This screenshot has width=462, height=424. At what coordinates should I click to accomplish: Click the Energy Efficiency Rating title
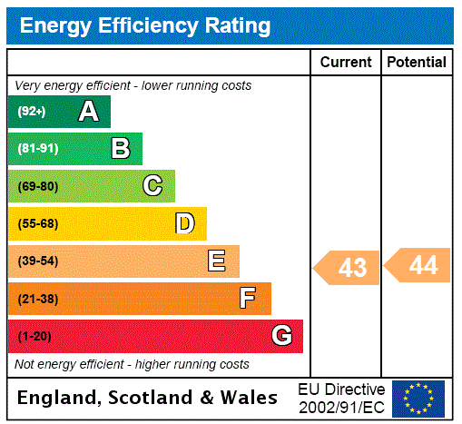click(145, 25)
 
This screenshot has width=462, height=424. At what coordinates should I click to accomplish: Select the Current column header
click(346, 63)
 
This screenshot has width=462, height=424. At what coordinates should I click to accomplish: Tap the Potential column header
click(417, 63)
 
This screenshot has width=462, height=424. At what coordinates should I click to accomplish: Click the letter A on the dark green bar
click(88, 112)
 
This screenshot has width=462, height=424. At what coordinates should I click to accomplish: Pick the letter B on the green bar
click(120, 149)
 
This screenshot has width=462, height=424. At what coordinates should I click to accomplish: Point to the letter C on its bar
click(152, 186)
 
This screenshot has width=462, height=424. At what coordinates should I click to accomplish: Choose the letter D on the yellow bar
click(184, 223)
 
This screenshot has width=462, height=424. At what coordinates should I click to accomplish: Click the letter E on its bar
click(217, 261)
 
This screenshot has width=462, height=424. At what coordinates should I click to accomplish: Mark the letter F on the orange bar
click(248, 299)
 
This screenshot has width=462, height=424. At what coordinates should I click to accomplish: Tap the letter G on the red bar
click(281, 336)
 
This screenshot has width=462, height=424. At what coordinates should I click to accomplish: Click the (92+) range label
click(31, 112)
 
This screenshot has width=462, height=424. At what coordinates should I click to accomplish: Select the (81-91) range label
click(36, 149)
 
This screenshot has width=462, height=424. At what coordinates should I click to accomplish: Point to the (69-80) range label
click(37, 186)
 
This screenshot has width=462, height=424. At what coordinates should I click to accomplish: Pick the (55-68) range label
click(37, 223)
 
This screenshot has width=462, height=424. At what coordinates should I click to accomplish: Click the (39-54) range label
click(37, 261)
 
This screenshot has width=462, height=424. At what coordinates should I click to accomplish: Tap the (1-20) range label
click(34, 336)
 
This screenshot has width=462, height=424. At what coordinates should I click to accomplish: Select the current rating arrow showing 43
click(348, 268)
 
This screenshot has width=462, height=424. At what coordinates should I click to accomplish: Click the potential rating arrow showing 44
click(418, 265)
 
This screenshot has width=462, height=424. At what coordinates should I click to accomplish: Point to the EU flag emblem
click(418, 399)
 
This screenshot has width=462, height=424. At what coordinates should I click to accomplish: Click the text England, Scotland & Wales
click(148, 398)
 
